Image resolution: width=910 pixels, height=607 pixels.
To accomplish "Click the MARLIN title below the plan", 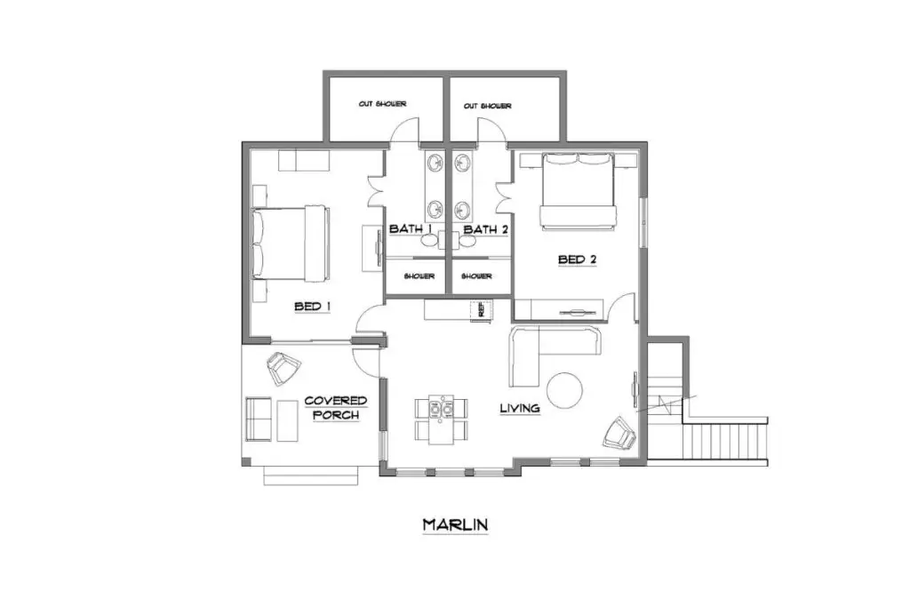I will tap(455, 524).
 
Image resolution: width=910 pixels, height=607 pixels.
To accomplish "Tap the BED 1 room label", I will tap(313, 307).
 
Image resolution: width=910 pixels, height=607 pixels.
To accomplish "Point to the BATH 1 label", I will tap(411, 229).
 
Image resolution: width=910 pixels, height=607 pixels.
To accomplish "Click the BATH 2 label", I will tap(486, 229).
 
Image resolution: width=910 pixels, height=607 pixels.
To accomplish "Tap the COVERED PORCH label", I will tap(335, 408).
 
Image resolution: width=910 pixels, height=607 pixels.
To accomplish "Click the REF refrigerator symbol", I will tap(481, 310).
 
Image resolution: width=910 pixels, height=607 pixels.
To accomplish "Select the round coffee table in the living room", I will tap(565, 389).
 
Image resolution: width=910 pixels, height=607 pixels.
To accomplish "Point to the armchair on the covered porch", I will tap(283, 368).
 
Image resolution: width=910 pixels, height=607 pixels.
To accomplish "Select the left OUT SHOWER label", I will tap(382, 105).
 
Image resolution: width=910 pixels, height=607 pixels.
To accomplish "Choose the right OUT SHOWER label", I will tap(487, 106).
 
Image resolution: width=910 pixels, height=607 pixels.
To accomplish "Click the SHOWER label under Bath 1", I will tap(419, 276).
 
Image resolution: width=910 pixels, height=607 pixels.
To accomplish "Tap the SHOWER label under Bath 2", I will tap(481, 276).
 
